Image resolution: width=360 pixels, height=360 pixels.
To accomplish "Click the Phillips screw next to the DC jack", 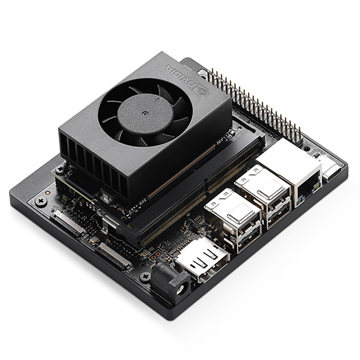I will click(145, 277).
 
